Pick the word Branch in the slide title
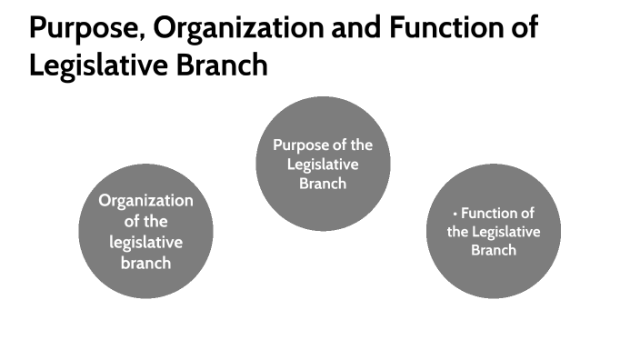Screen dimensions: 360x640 tap(223, 66)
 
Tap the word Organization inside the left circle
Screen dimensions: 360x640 tap(145, 201)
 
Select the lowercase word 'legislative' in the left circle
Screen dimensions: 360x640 tap(145, 243)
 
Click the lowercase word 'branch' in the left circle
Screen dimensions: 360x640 tap(145, 264)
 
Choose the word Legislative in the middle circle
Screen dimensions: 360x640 tap(323, 165)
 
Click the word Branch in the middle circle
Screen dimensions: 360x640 tap(323, 183)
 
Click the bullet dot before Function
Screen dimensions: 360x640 tap(455, 215)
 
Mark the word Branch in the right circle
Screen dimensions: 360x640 tap(494, 250)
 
